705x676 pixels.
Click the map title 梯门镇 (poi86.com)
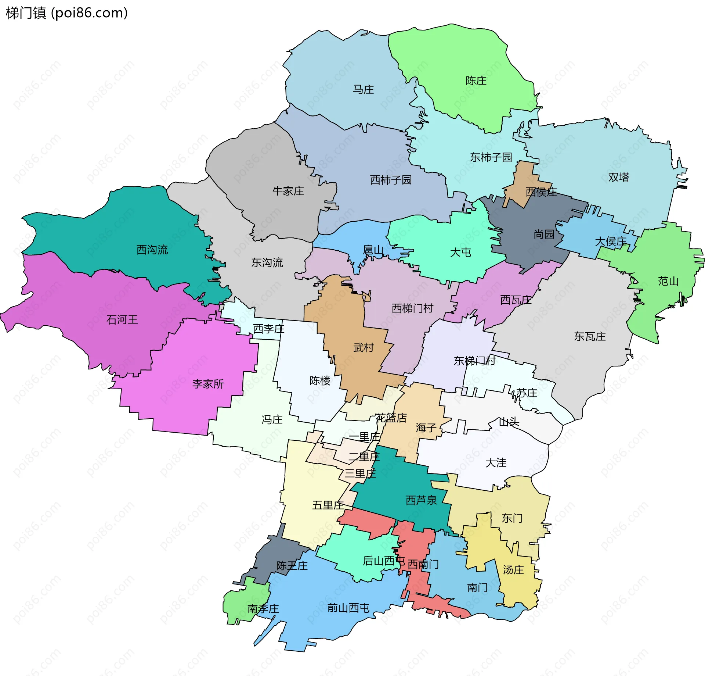coord(67,13)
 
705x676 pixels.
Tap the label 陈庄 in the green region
coord(476,81)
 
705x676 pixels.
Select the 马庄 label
coord(363,89)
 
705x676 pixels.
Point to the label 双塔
coord(618,177)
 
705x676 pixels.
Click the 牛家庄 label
coord(288,191)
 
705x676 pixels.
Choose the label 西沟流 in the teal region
coord(152,250)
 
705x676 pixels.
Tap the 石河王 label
coord(122,319)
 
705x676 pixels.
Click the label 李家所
coord(208,384)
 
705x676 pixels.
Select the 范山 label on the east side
coord(668,281)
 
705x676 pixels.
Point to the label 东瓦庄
coord(590,336)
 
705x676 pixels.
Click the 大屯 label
coord(460,252)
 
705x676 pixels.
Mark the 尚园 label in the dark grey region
coord(544,234)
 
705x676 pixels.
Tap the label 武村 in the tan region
coord(363,347)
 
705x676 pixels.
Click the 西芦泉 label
coord(421,500)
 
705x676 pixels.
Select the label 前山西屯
coord(348,608)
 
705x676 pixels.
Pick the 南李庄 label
coord(263,608)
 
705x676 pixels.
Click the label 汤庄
coord(513,570)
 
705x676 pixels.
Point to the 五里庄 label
coord(328,505)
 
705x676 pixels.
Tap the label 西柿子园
coord(391,180)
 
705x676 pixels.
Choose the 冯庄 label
coord(272,419)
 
